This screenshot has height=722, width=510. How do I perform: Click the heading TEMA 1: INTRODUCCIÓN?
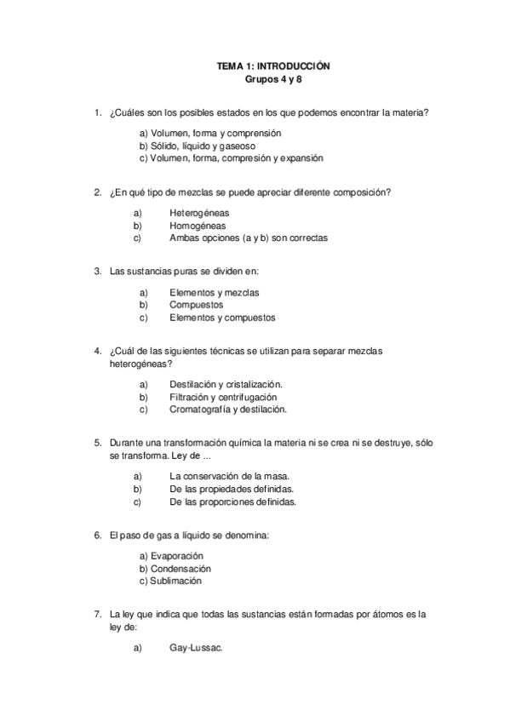272,66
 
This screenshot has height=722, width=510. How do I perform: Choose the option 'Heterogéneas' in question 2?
199,213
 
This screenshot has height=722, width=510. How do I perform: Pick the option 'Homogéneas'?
198,226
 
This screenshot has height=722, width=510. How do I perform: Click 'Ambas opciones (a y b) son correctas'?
248,238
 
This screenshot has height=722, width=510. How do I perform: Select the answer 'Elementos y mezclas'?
215,292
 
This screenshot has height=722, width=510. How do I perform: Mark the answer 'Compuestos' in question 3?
196,305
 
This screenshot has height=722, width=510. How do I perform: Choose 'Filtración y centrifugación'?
223,397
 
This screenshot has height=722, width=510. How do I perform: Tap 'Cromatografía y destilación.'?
228,409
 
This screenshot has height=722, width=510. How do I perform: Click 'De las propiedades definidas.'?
232,490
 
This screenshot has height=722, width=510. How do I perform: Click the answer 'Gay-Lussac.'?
196,648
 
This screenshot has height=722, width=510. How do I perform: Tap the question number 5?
97,443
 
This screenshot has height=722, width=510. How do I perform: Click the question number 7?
97,614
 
